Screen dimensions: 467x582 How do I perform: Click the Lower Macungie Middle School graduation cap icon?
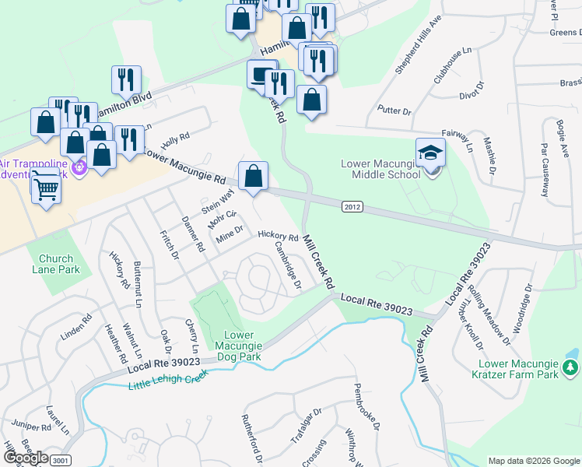pyautogui.click(x=430, y=152)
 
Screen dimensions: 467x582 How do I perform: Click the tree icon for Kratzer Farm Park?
pyautogui.click(x=570, y=367)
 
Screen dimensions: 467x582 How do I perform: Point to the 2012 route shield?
pyautogui.click(x=352, y=205)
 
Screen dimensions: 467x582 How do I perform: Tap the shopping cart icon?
pyautogui.click(x=47, y=187)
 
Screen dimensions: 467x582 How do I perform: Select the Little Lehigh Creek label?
pyautogui.click(x=169, y=378)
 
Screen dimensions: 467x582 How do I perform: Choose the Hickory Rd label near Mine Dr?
pyautogui.click(x=278, y=235)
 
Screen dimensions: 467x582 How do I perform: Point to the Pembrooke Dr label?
pyautogui.click(x=366, y=407)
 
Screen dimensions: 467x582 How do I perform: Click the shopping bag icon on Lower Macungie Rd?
pyautogui.click(x=253, y=176)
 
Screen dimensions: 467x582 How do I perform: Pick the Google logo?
pyautogui.click(x=25, y=458)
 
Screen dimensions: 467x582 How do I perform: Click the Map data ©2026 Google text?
pyautogui.click(x=534, y=461)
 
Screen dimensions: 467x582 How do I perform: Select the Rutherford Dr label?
pyautogui.click(x=253, y=440)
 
